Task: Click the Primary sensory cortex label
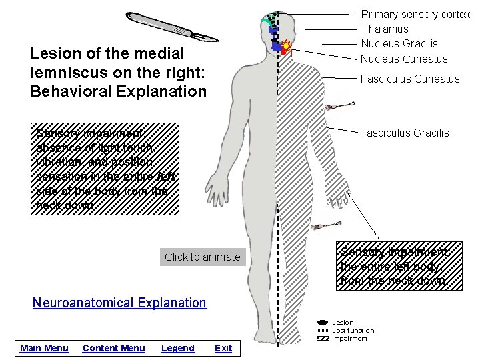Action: point(415,14)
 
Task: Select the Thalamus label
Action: point(385,29)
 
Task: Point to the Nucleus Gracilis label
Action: point(399,43)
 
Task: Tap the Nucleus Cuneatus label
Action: point(404,58)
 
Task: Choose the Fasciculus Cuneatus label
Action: point(409,79)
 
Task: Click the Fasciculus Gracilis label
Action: point(404,133)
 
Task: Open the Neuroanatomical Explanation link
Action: point(119,303)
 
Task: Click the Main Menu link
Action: point(44,348)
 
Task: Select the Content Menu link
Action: point(113,348)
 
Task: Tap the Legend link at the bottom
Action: point(178,348)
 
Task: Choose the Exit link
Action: point(223,348)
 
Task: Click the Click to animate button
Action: point(202,257)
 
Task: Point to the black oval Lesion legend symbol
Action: point(323,323)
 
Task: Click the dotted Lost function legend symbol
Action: point(323,331)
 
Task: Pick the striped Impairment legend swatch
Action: point(323,339)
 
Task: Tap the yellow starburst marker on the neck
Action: point(287,47)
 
